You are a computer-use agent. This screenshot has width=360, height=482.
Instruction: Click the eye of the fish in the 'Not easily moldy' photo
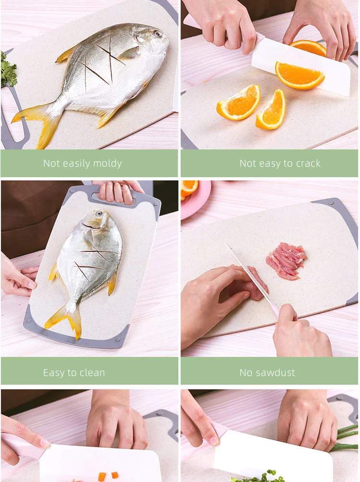pos(158,34)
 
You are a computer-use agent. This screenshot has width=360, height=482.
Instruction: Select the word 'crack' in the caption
pos(308,163)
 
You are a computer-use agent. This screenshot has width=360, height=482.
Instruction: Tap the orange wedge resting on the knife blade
pos(300,75)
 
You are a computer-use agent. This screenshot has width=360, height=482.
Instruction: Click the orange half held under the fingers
pos(308,48)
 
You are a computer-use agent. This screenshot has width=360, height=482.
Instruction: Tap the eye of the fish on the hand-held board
pos(99,214)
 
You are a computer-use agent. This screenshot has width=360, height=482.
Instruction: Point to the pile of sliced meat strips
pos(286,260)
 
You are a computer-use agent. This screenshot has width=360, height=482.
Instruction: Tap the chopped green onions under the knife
pos(258,476)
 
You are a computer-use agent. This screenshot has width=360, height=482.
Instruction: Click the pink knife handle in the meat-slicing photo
pos(275,311)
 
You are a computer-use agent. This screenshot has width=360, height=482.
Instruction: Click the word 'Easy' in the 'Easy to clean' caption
pos(53,373)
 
